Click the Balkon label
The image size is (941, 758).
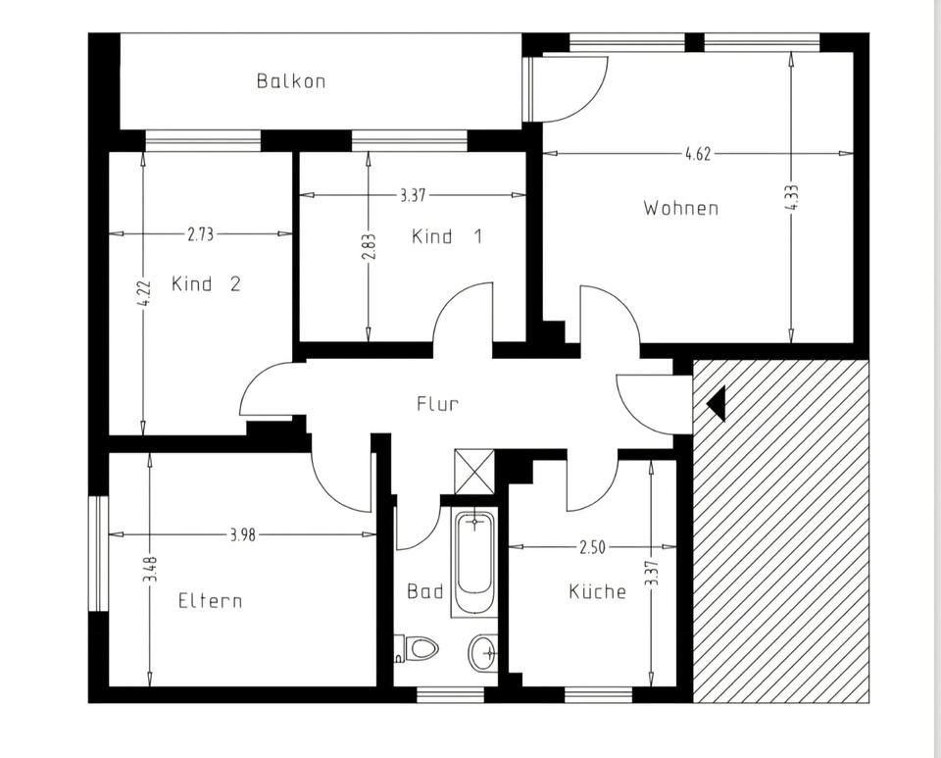291,81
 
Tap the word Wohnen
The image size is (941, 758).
681,208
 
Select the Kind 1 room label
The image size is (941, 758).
447,236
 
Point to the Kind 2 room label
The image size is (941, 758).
206,283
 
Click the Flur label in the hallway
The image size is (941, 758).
438,403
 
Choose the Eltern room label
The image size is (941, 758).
210,601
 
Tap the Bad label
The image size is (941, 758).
424,591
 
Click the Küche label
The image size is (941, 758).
597,591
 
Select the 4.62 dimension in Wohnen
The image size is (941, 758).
698,154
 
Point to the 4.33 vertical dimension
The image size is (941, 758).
792,197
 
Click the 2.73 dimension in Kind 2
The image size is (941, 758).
200,234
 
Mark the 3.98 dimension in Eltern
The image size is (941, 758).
242,534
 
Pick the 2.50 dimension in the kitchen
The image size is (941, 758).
592,547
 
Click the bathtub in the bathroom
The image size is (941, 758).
474,562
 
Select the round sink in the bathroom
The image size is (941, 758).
483,652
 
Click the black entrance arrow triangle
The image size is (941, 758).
717,403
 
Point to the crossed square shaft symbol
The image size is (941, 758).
474,471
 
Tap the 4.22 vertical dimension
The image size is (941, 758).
143,294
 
